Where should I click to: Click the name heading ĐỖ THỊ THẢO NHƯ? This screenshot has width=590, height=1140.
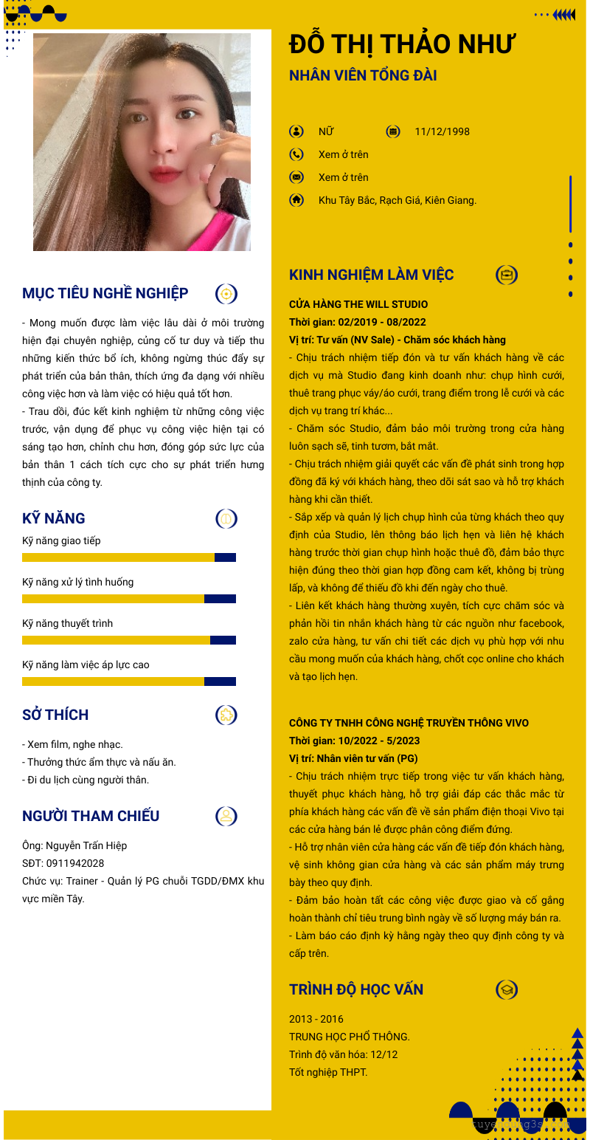tap(402, 44)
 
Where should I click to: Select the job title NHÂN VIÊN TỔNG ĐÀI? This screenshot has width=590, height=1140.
tap(363, 75)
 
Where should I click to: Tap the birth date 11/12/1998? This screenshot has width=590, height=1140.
tap(442, 132)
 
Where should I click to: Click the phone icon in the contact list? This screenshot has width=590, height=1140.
tap(296, 154)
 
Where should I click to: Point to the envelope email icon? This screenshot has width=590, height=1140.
tap(296, 177)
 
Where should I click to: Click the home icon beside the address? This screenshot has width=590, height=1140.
tap(296, 200)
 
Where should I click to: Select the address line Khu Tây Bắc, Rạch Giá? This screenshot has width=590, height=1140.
tap(398, 200)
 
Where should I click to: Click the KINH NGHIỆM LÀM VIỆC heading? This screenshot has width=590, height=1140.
tap(371, 275)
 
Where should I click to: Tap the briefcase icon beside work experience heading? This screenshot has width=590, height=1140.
tap(507, 275)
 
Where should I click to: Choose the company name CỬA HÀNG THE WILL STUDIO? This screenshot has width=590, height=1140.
tap(358, 304)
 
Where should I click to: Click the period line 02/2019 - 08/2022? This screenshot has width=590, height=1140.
tap(357, 322)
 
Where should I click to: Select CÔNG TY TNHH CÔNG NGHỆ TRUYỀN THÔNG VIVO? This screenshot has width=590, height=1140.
tap(409, 723)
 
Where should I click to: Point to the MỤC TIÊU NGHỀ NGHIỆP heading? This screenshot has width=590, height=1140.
tap(105, 293)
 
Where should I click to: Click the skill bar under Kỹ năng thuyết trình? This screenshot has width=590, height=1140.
tap(129, 640)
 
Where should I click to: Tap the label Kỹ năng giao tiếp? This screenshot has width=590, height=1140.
tap(61, 540)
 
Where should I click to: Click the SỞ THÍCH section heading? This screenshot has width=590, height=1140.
tap(55, 715)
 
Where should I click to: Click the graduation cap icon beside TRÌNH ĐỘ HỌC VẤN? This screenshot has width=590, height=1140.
tap(507, 990)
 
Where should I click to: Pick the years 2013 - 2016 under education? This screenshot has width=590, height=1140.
tap(316, 1019)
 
